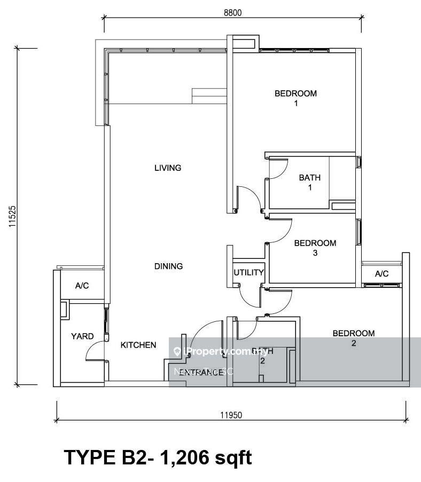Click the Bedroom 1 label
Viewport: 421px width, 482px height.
[295, 98]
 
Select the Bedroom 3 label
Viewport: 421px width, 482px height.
[315, 248]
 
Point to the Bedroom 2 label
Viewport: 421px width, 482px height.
[353, 338]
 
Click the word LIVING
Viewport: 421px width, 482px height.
[168, 168]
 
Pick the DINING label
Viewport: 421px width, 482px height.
[168, 266]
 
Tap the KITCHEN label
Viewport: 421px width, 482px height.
[138, 345]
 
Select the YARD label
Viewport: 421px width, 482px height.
[82, 337]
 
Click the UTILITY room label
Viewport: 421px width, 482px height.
[248, 273]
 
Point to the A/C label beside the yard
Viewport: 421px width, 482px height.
[82, 286]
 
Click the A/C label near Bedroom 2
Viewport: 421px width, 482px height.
[381, 274]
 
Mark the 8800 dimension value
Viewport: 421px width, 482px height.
[233, 14]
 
